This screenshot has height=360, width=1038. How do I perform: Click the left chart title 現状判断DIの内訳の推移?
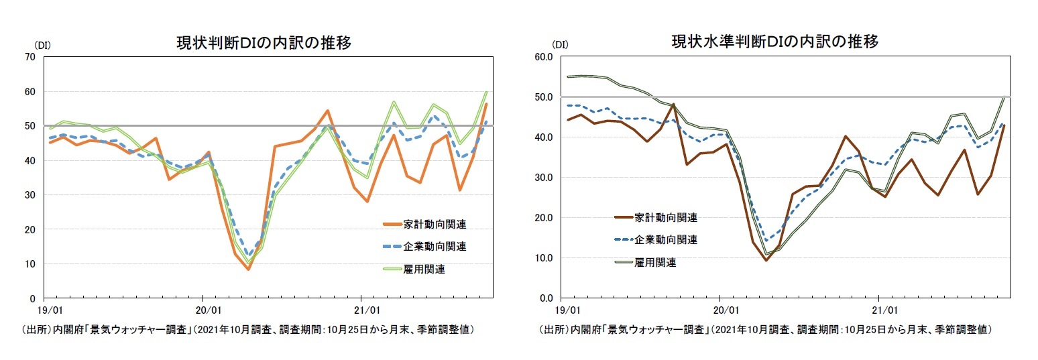263,42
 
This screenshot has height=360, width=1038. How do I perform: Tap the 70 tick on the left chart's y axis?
30,57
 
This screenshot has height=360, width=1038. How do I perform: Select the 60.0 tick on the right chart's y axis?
544,57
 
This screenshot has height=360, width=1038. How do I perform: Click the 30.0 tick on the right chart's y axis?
544,178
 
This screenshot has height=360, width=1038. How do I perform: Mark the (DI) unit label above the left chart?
43,45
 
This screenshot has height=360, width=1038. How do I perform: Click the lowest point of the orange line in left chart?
248,269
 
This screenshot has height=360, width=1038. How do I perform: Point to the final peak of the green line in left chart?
486,92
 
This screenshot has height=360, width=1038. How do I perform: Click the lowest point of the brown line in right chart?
766,260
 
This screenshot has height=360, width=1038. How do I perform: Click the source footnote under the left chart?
249,330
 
